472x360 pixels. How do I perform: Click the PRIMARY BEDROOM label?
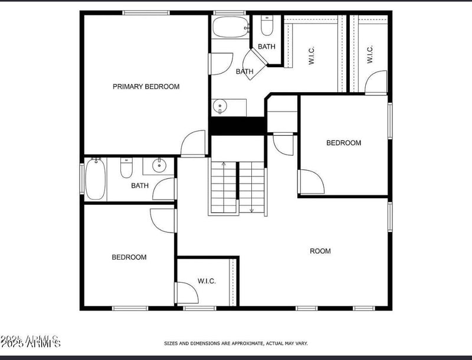point(146,87)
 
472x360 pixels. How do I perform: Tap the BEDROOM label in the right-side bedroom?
point(343,143)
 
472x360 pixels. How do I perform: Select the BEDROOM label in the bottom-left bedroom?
point(129,257)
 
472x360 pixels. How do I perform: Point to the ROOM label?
point(320,251)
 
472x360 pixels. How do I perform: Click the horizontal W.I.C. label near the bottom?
point(206,281)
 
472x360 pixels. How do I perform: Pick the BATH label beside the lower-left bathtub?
point(140,185)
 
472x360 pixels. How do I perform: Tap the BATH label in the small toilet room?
point(266,47)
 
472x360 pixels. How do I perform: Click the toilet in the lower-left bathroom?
point(126,169)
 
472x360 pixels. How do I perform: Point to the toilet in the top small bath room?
point(266,26)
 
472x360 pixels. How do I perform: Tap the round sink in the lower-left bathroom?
point(159,166)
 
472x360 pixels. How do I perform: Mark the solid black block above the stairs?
point(238,126)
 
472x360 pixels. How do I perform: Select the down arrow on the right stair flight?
point(252,208)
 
